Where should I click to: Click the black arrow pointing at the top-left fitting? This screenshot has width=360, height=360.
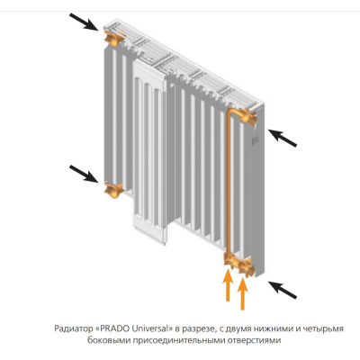click(84, 22)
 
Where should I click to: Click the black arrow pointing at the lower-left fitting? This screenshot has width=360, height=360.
click(84, 174)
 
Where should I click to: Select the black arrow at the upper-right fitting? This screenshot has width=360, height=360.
click(283, 138)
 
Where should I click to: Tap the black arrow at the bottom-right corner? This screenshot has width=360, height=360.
click(283, 290)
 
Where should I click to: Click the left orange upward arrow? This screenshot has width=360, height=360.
click(228, 285)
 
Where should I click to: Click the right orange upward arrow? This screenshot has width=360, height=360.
click(242, 293)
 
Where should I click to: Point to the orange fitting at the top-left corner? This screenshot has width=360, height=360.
click(113, 37)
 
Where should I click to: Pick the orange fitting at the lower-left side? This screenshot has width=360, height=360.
click(113, 190)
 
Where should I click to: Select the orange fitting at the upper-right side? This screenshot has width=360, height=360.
click(247, 117)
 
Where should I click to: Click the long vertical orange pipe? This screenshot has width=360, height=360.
click(228, 183)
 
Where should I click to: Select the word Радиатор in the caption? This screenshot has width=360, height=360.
click(74, 329)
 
